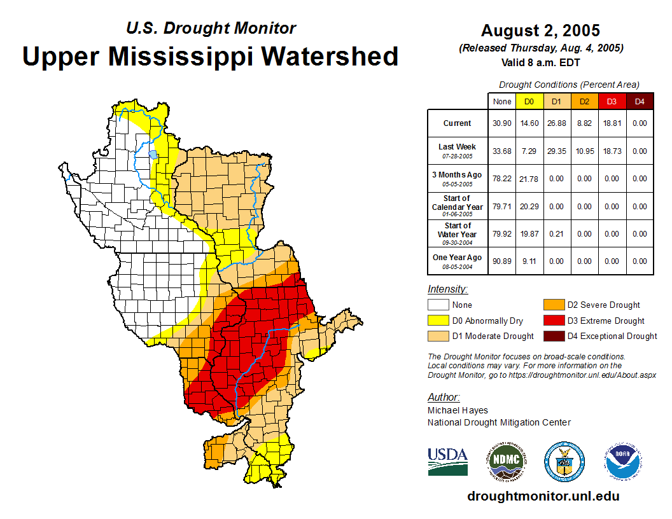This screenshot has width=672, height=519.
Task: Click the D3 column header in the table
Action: click(612, 101)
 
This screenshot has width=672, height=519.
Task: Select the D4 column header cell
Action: click(640, 101)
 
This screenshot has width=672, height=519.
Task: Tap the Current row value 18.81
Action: click(612, 123)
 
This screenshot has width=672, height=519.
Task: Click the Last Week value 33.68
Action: click(502, 151)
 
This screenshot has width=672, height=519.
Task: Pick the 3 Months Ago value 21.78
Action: click(529, 179)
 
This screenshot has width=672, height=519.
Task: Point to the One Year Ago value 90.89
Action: click(502, 261)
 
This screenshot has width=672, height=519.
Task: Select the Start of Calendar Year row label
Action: click(458, 207)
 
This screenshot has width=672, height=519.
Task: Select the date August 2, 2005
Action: click(540, 31)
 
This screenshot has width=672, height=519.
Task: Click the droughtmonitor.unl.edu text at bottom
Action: click(543, 496)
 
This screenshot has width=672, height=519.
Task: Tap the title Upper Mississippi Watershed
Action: click(210, 56)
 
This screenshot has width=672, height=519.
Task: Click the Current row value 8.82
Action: click(584, 123)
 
